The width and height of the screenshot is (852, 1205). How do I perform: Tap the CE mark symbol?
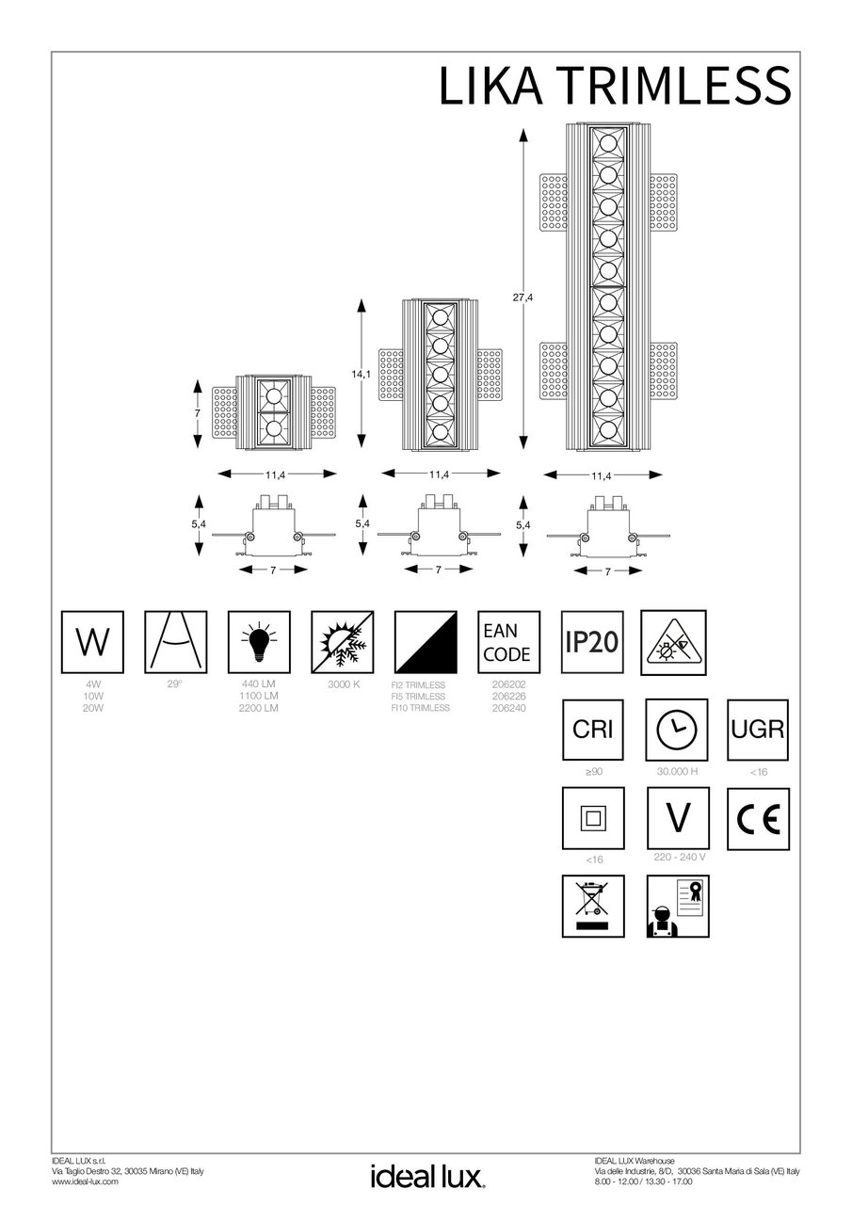tap(758, 819)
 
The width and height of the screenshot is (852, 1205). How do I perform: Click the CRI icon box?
tap(592, 730)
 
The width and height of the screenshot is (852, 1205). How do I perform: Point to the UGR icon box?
tap(758, 730)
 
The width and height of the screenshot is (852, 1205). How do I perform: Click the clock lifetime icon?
tap(675, 730)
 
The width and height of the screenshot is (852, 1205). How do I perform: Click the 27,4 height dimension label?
tap(523, 298)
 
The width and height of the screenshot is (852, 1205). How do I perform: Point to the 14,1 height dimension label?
tap(359, 375)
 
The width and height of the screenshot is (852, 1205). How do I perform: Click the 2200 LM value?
tap(259, 707)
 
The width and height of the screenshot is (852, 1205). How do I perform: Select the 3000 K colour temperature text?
tap(344, 684)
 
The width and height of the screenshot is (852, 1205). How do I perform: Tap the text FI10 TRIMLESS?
tap(420, 707)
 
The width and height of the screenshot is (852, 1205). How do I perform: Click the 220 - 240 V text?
tap(679, 859)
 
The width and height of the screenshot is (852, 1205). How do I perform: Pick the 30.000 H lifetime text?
tap(677, 772)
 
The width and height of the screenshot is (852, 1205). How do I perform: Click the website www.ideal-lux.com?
tap(85, 1181)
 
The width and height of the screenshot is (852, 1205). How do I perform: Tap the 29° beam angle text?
tap(174, 684)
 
